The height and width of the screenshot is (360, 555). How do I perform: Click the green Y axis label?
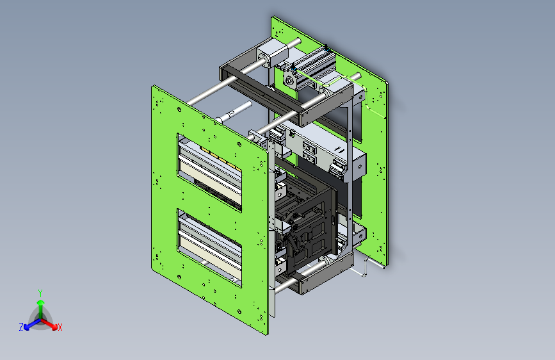tap(40, 293)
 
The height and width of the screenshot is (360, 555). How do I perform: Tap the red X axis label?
tap(60, 328)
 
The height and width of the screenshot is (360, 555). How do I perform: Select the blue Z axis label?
tap(21, 327)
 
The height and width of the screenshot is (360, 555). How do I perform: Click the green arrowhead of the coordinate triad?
tap(41, 302)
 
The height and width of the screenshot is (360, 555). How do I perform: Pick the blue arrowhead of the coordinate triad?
tap(26, 327)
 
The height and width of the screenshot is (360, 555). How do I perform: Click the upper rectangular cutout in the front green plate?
tap(209, 172)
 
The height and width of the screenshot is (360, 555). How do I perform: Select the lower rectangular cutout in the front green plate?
tap(209, 248)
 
